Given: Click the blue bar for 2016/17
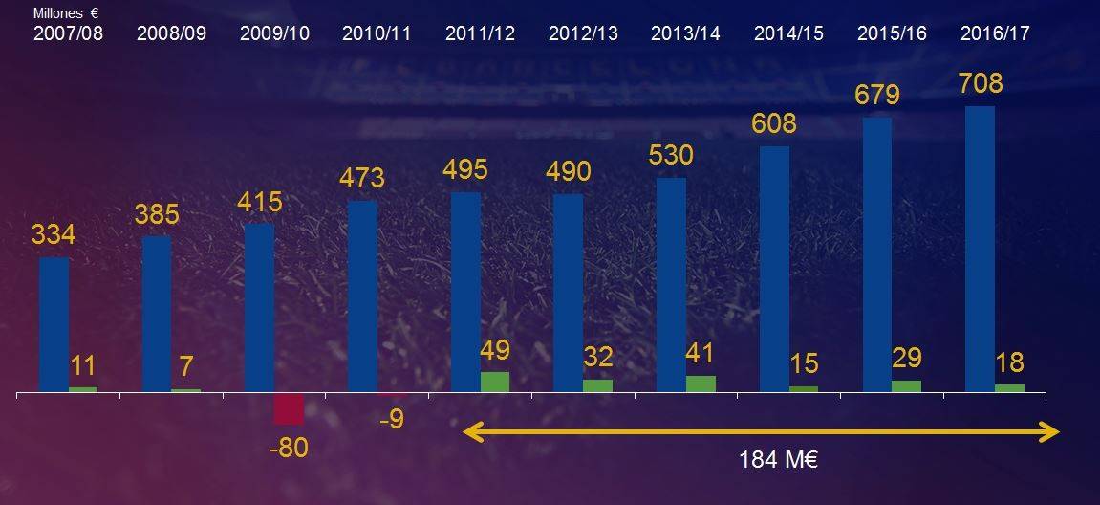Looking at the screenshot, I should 980,249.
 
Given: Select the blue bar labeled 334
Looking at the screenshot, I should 54,324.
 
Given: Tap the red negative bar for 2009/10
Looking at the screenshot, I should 289,408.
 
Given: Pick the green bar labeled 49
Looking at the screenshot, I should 495,382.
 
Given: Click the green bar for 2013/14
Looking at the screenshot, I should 701,384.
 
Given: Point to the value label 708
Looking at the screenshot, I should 981,84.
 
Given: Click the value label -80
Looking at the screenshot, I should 289,448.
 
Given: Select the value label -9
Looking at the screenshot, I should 391,418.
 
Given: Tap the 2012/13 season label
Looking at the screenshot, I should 583,33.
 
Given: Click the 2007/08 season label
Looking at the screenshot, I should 68,33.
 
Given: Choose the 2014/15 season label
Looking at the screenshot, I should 788,33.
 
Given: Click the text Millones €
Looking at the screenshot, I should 66,14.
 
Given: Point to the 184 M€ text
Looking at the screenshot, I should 780,460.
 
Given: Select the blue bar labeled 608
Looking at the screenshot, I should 775,269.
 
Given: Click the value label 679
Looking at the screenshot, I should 878,97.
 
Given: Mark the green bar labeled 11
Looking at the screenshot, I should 83,389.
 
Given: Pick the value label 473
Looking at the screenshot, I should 362,178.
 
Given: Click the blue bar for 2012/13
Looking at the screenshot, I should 569,293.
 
